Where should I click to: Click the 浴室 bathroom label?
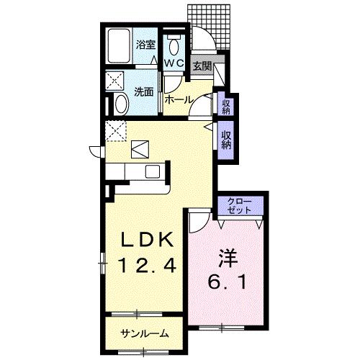(146, 45)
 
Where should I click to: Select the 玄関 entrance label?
(202, 66)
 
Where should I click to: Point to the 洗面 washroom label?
(144, 91)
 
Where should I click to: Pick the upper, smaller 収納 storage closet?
(226, 106)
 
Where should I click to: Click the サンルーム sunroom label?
(144, 333)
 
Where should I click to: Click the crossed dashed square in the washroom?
(114, 81)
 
